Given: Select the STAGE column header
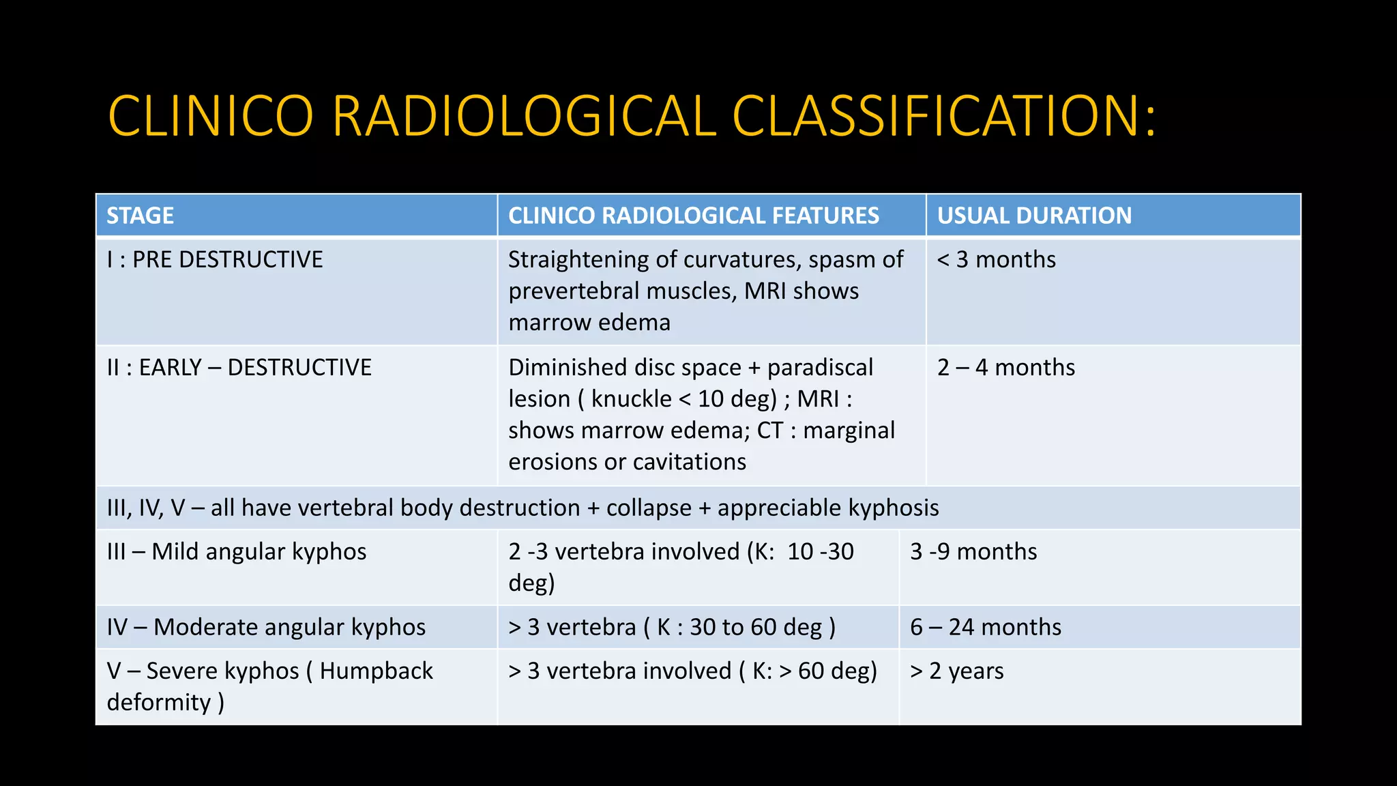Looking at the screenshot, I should tap(141, 216).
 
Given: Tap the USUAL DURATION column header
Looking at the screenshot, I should tap(1034, 216).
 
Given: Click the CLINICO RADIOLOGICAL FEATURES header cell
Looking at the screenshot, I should tap(694, 216).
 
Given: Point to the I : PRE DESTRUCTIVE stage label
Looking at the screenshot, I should tap(215, 260).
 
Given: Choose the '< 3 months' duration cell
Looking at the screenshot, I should tap(996, 260).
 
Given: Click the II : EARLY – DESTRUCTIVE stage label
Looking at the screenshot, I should tap(239, 368).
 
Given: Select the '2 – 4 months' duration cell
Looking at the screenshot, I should tap(1006, 368).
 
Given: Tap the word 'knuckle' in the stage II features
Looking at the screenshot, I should tap(631, 399).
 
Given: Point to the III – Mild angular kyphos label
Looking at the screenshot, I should tap(237, 552).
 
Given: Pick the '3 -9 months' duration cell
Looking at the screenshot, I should tap(973, 552).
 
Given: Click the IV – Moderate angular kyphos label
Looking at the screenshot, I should tap(266, 628).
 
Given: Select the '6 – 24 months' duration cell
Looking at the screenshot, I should tap(986, 628).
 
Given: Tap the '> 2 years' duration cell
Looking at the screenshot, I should tap(957, 671).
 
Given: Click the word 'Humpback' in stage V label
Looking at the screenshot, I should tap(376, 671).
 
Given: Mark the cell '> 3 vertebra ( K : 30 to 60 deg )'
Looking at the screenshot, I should tap(672, 628).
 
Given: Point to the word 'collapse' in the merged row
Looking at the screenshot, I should tap(649, 508).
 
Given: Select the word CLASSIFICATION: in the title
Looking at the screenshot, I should tap(944, 116).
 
